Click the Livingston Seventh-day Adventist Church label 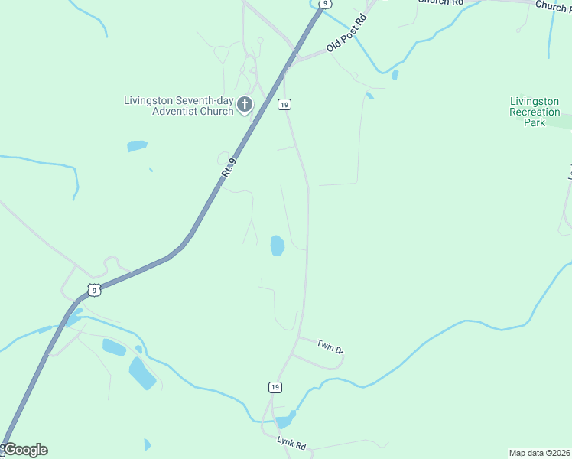click(x=179, y=106)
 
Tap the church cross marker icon click(x=245, y=105)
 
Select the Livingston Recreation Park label click(x=535, y=112)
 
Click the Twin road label click(x=330, y=347)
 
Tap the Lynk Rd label click(x=291, y=444)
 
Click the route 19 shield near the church click(x=284, y=104)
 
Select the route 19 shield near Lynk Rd click(x=275, y=387)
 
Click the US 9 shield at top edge click(x=326, y=4)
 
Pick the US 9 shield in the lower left click(x=93, y=289)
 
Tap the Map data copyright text click(x=539, y=453)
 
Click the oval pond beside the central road click(x=277, y=246)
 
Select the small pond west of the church click(x=137, y=145)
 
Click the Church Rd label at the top click(x=441, y=3)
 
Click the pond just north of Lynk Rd click(x=284, y=421)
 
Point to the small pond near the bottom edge click(x=148, y=444)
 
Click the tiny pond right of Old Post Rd click(x=395, y=75)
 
